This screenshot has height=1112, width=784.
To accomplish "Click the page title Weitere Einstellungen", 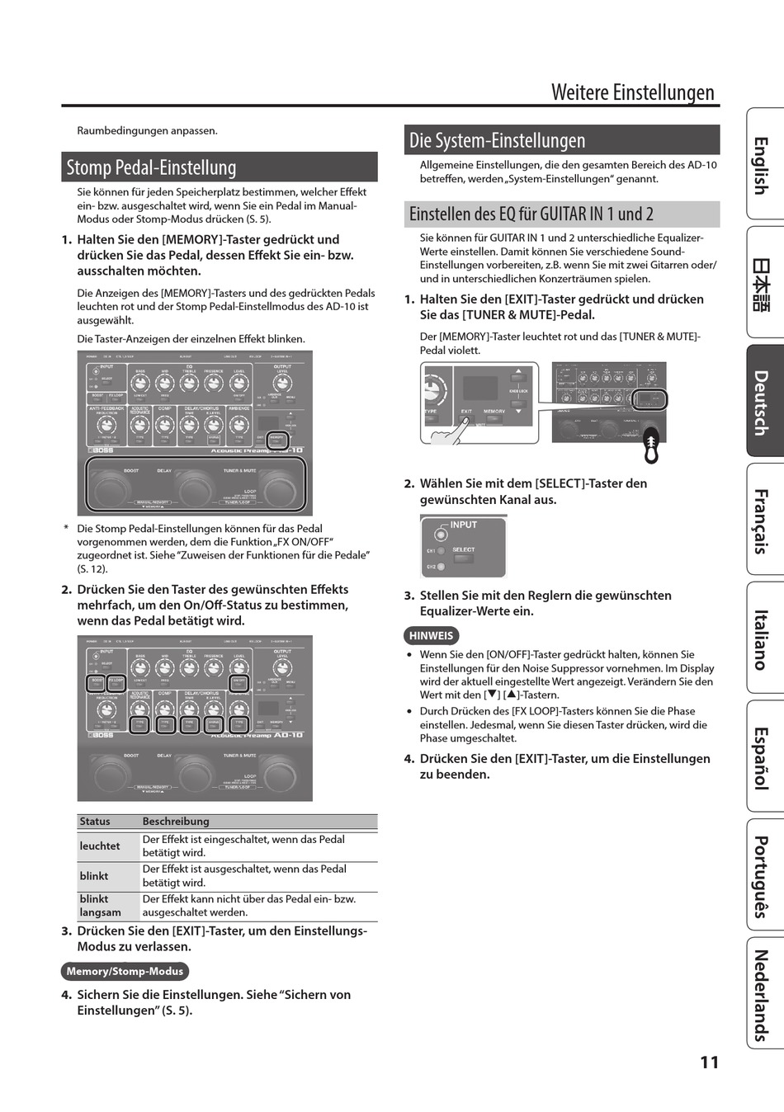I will (x=632, y=92).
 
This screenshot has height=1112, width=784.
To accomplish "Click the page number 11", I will (x=709, y=1063).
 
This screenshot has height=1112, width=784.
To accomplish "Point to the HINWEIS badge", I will (x=431, y=636).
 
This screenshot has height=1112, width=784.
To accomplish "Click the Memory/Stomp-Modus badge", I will (x=125, y=972).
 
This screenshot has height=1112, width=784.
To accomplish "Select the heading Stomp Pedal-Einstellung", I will (x=151, y=167).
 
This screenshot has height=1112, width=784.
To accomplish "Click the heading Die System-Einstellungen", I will (x=497, y=140).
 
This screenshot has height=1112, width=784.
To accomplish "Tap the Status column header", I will (x=95, y=822).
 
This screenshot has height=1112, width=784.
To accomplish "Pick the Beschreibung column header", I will (x=176, y=822).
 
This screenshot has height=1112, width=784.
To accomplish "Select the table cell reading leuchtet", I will (x=100, y=846).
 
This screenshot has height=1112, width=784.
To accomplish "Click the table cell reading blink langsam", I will (x=100, y=906).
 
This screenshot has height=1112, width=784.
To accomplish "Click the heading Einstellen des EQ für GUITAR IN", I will (x=531, y=214).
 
